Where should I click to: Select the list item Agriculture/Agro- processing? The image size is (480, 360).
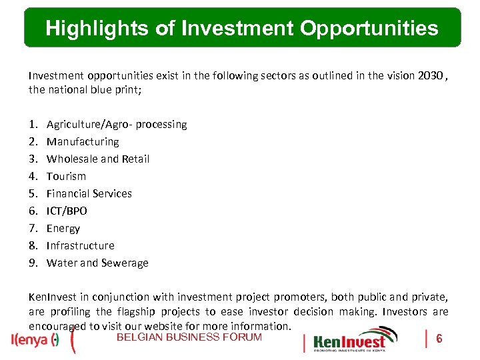coord(117,124)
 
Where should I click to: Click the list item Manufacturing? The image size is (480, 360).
coord(83,141)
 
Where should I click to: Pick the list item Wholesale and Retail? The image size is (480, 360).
coord(98,159)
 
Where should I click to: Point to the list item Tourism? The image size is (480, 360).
coord(66,176)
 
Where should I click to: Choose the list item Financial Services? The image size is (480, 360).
coord(89,193)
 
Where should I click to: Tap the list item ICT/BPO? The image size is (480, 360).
coord(67,211)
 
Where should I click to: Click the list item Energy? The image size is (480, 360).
coord(63,228)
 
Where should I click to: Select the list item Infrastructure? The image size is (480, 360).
coord(81,245)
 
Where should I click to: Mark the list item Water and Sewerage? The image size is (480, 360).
coord(97,263)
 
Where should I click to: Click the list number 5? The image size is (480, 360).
coord(33,193)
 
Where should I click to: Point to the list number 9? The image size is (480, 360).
coord(33,263)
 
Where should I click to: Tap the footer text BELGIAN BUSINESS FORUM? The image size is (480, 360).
coord(189,337)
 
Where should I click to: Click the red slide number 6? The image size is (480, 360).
coord(439,339)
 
